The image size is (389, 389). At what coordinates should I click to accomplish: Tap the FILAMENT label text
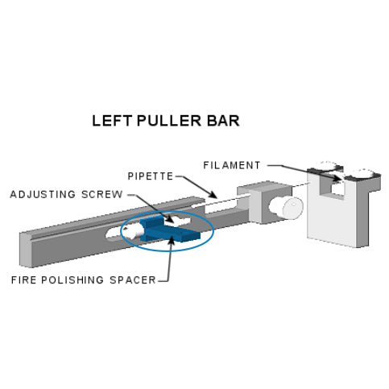click(234, 165)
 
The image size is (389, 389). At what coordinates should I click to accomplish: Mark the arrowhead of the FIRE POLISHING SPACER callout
click(171, 241)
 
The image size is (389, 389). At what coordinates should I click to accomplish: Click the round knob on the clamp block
click(288, 208)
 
